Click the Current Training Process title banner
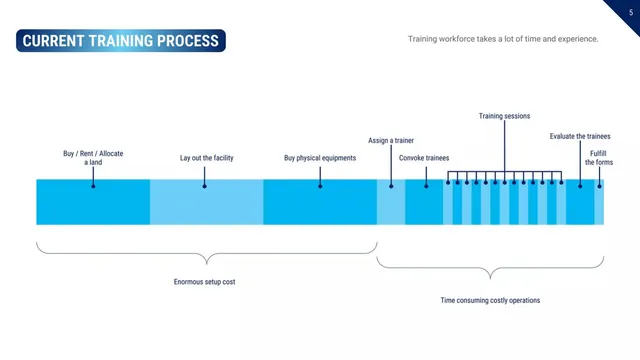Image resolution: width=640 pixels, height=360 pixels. (121, 40)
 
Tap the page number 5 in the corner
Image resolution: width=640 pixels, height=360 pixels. (631, 13)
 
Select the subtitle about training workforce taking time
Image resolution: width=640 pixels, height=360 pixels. (503, 39)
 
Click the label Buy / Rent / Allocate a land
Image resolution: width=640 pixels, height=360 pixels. (93, 158)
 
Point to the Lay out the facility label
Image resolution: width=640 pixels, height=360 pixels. (207, 158)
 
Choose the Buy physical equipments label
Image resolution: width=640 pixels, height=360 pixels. (320, 158)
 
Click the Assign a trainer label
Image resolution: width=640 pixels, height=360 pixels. (391, 140)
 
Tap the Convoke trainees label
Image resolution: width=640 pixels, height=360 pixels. (424, 158)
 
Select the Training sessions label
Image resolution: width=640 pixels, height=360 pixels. (504, 116)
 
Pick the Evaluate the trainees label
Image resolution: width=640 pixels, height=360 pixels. (580, 136)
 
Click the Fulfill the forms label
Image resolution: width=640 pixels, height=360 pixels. (599, 158)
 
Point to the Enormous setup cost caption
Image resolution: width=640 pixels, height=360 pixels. (204, 282)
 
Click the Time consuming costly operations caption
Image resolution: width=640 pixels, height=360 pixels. (490, 300)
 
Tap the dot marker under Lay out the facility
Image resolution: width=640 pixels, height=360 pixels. (204, 186)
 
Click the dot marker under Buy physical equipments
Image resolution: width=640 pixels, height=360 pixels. (320, 186)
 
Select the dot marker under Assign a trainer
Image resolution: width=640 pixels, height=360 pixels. (391, 186)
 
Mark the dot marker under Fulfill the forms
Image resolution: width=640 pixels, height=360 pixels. (599, 186)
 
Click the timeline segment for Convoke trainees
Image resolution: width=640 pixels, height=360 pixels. (424, 202)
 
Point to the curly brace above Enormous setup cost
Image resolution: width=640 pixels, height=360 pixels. (207, 254)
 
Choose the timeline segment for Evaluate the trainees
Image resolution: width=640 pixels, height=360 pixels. (580, 202)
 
